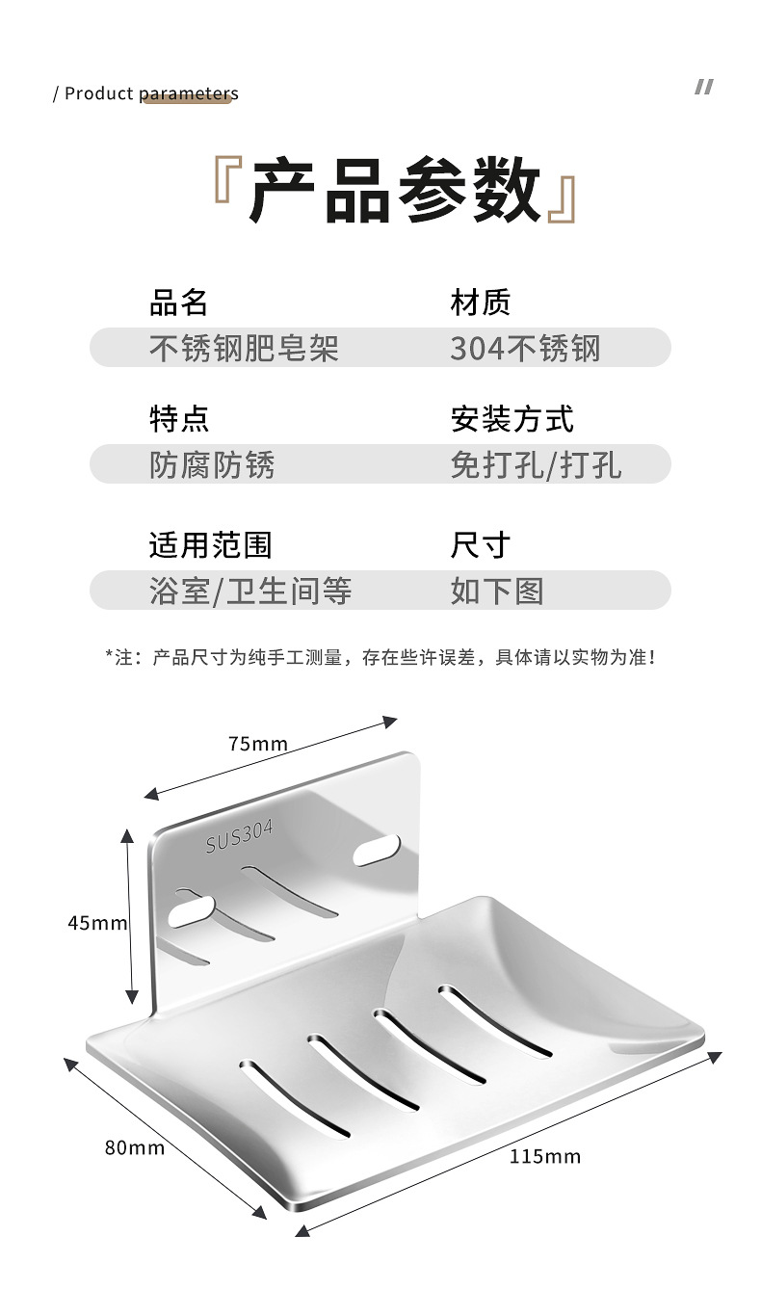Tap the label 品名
(178, 303)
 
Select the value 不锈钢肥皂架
(244, 348)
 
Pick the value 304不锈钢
(525, 348)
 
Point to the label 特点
(178, 419)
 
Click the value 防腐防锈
(212, 464)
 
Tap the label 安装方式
(512, 419)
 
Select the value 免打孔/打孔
(536, 464)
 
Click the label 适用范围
(210, 545)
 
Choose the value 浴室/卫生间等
(250, 591)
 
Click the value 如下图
(497, 591)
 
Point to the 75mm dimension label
(257, 744)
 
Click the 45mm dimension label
(97, 922)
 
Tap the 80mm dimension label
(135, 1147)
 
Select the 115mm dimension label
(545, 1156)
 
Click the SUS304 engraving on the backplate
(239, 837)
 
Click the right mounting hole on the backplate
(377, 849)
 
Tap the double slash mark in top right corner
(704, 88)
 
